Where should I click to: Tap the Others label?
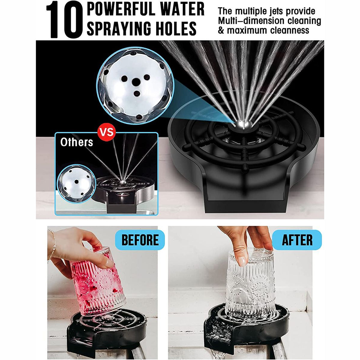[x=76, y=142]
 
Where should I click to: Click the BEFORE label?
[x=140, y=240]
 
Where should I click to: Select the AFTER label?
[x=297, y=240]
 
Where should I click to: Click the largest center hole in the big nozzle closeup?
[x=136, y=82]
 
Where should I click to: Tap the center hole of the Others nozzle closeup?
[x=76, y=181]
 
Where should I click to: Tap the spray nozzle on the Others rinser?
[x=122, y=181]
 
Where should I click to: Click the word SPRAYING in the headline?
[x=118, y=28]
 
